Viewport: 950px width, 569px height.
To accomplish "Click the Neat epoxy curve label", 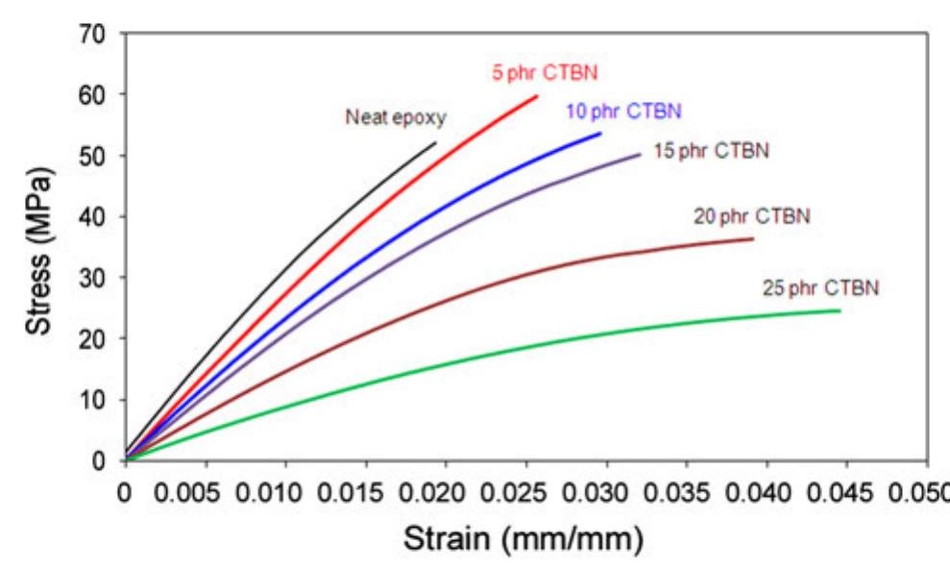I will (397, 118).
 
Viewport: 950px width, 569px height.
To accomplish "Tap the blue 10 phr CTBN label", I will (623, 111).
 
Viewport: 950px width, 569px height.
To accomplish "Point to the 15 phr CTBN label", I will (711, 151).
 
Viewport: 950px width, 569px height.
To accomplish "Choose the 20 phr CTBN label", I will (752, 216).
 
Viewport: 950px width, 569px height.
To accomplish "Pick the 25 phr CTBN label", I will (820, 287).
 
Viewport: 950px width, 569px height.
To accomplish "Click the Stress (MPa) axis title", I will (38, 249).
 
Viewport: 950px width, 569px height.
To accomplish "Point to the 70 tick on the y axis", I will (93, 34).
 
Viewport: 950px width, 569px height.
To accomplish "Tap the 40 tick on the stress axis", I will (93, 216).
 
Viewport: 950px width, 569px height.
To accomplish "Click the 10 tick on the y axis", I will (93, 400).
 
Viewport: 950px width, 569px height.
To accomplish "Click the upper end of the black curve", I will (436, 142).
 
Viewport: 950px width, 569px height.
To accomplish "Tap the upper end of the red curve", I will (537, 95).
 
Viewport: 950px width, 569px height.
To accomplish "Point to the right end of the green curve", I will (840, 310).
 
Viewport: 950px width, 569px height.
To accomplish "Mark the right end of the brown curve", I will (753, 238).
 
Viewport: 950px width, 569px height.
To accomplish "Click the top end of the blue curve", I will (601, 133).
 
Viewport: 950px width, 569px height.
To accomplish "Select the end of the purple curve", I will (640, 154).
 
